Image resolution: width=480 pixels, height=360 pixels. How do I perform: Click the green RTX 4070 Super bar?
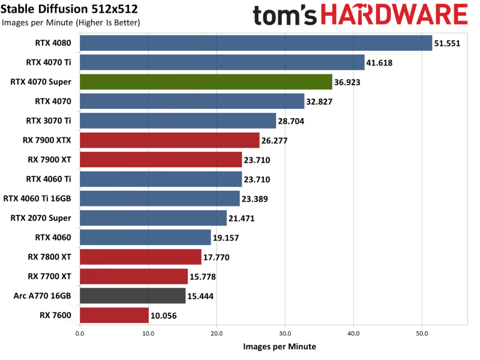[206, 82]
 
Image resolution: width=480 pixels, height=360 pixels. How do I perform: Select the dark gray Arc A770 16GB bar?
[133, 296]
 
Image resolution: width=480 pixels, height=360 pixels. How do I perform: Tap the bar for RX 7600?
[114, 316]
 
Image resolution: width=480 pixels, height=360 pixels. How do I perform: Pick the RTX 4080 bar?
[256, 43]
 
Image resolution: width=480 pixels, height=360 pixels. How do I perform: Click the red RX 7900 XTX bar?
[170, 140]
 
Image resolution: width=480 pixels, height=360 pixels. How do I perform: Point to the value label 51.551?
[447, 43]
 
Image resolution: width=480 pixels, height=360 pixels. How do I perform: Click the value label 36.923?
[347, 82]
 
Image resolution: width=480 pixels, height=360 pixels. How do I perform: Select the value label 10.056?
[164, 316]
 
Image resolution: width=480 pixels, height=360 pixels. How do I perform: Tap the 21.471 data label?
[242, 218]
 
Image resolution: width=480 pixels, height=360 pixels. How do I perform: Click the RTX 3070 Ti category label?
[49, 121]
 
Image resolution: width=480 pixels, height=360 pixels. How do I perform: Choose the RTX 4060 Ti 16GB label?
[37, 199]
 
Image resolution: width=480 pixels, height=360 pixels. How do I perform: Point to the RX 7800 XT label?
[49, 257]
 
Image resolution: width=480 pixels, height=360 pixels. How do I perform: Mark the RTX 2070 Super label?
[41, 218]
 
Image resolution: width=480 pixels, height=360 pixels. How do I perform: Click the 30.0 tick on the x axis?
[285, 334]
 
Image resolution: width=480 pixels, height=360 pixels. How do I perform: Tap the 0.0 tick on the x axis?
[80, 334]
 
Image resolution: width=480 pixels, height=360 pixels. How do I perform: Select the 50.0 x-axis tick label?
[422, 334]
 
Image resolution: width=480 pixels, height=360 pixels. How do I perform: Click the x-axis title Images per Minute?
[280, 347]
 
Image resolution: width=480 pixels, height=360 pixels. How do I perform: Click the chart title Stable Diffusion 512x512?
[69, 9]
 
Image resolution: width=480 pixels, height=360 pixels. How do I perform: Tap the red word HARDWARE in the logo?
[394, 14]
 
